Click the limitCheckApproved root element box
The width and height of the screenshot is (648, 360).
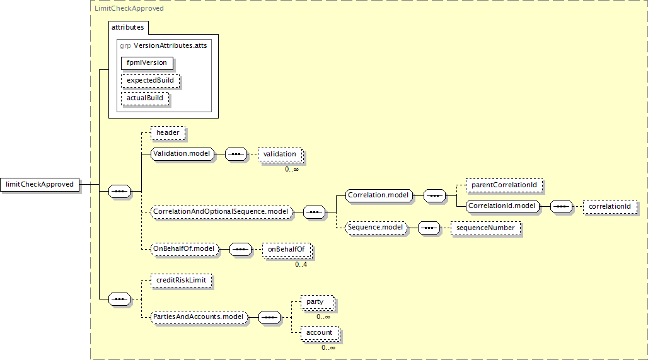pos(40,184)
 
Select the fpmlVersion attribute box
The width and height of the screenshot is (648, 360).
pos(147,63)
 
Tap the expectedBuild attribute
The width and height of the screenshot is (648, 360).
pos(151,81)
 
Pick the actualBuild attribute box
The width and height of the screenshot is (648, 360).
pos(145,98)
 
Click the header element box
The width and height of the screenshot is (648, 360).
pos(168,132)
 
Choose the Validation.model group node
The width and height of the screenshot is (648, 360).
pos(182,154)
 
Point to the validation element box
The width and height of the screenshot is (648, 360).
pos(281,154)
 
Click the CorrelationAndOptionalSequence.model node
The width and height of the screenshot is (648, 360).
pos(221,212)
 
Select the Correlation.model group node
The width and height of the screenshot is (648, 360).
pos(379,195)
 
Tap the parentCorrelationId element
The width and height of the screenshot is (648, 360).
pos(504,185)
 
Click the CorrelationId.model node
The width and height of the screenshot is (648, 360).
pos(502,206)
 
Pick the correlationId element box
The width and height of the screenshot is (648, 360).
pos(610,207)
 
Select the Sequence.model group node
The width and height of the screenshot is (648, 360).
pos(376,228)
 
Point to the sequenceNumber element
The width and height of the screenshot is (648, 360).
pos(485,228)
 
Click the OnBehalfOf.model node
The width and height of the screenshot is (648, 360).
pos(184,249)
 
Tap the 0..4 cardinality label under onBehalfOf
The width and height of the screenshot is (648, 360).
pos(301,265)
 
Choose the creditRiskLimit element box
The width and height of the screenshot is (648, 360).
pos(182,280)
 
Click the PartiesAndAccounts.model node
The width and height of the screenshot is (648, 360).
pos(199,317)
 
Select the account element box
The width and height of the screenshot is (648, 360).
pos(320,333)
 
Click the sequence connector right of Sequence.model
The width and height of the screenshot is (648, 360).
pos(429,228)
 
